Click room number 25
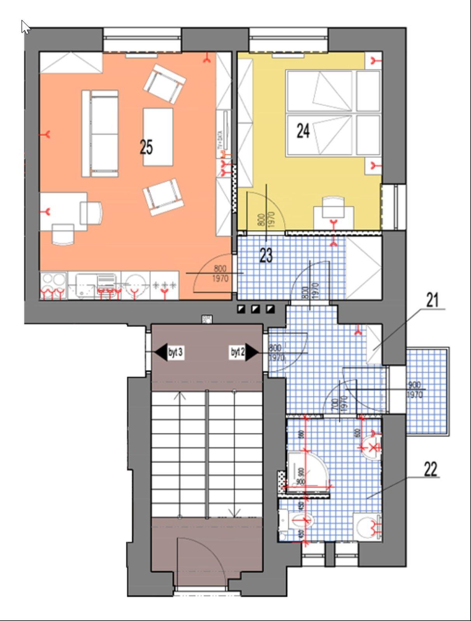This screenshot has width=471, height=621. pyautogui.click(x=146, y=147)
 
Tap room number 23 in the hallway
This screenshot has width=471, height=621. pyautogui.click(x=266, y=255)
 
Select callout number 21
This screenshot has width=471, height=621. pyautogui.click(x=432, y=300)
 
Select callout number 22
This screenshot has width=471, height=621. pyautogui.click(x=430, y=469)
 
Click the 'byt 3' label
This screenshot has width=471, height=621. pyautogui.click(x=175, y=352)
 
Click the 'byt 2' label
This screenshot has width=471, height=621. pyautogui.click(x=237, y=352)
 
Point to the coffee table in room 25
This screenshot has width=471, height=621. pyautogui.click(x=158, y=137)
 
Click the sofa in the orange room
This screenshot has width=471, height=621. pyautogui.click(x=100, y=134)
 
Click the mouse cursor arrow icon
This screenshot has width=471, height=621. pyautogui.click(x=26, y=27)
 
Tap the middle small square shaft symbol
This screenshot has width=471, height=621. pyautogui.click(x=255, y=309)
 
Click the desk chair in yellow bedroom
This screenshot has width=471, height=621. pyautogui.click(x=333, y=206)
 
